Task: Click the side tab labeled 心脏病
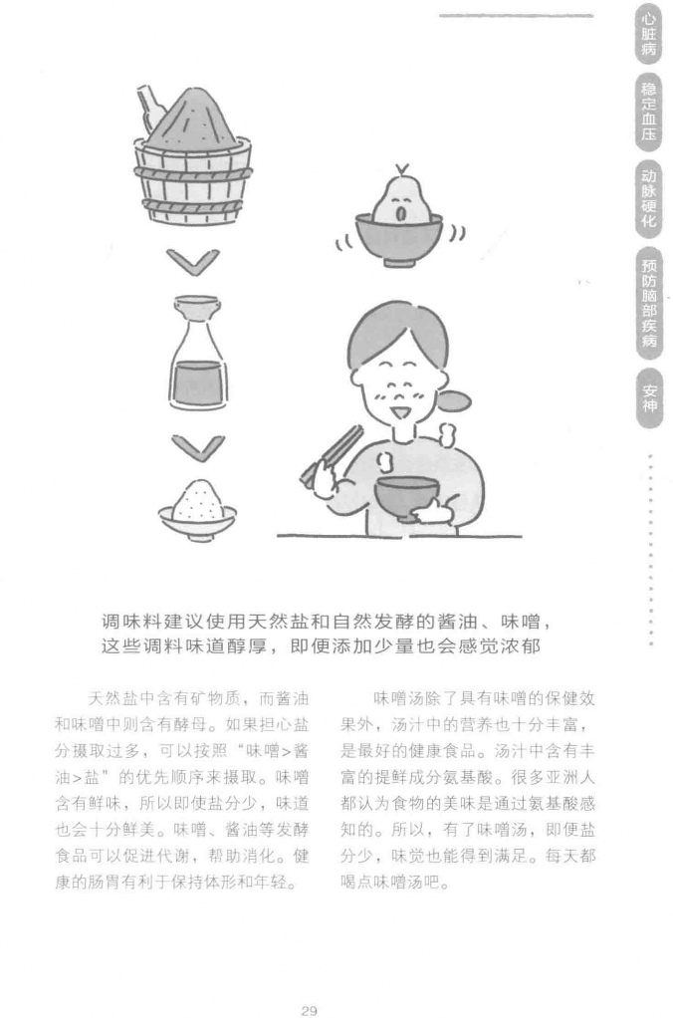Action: [648, 35]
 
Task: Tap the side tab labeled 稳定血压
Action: [648, 112]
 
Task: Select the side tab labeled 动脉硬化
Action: [648, 198]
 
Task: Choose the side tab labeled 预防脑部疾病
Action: [648, 303]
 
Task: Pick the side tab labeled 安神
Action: [649, 398]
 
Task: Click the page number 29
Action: [309, 1010]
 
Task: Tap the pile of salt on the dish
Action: [198, 501]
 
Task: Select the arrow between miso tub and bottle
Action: [193, 261]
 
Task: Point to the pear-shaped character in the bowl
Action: [400, 196]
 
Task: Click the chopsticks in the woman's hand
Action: [330, 454]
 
